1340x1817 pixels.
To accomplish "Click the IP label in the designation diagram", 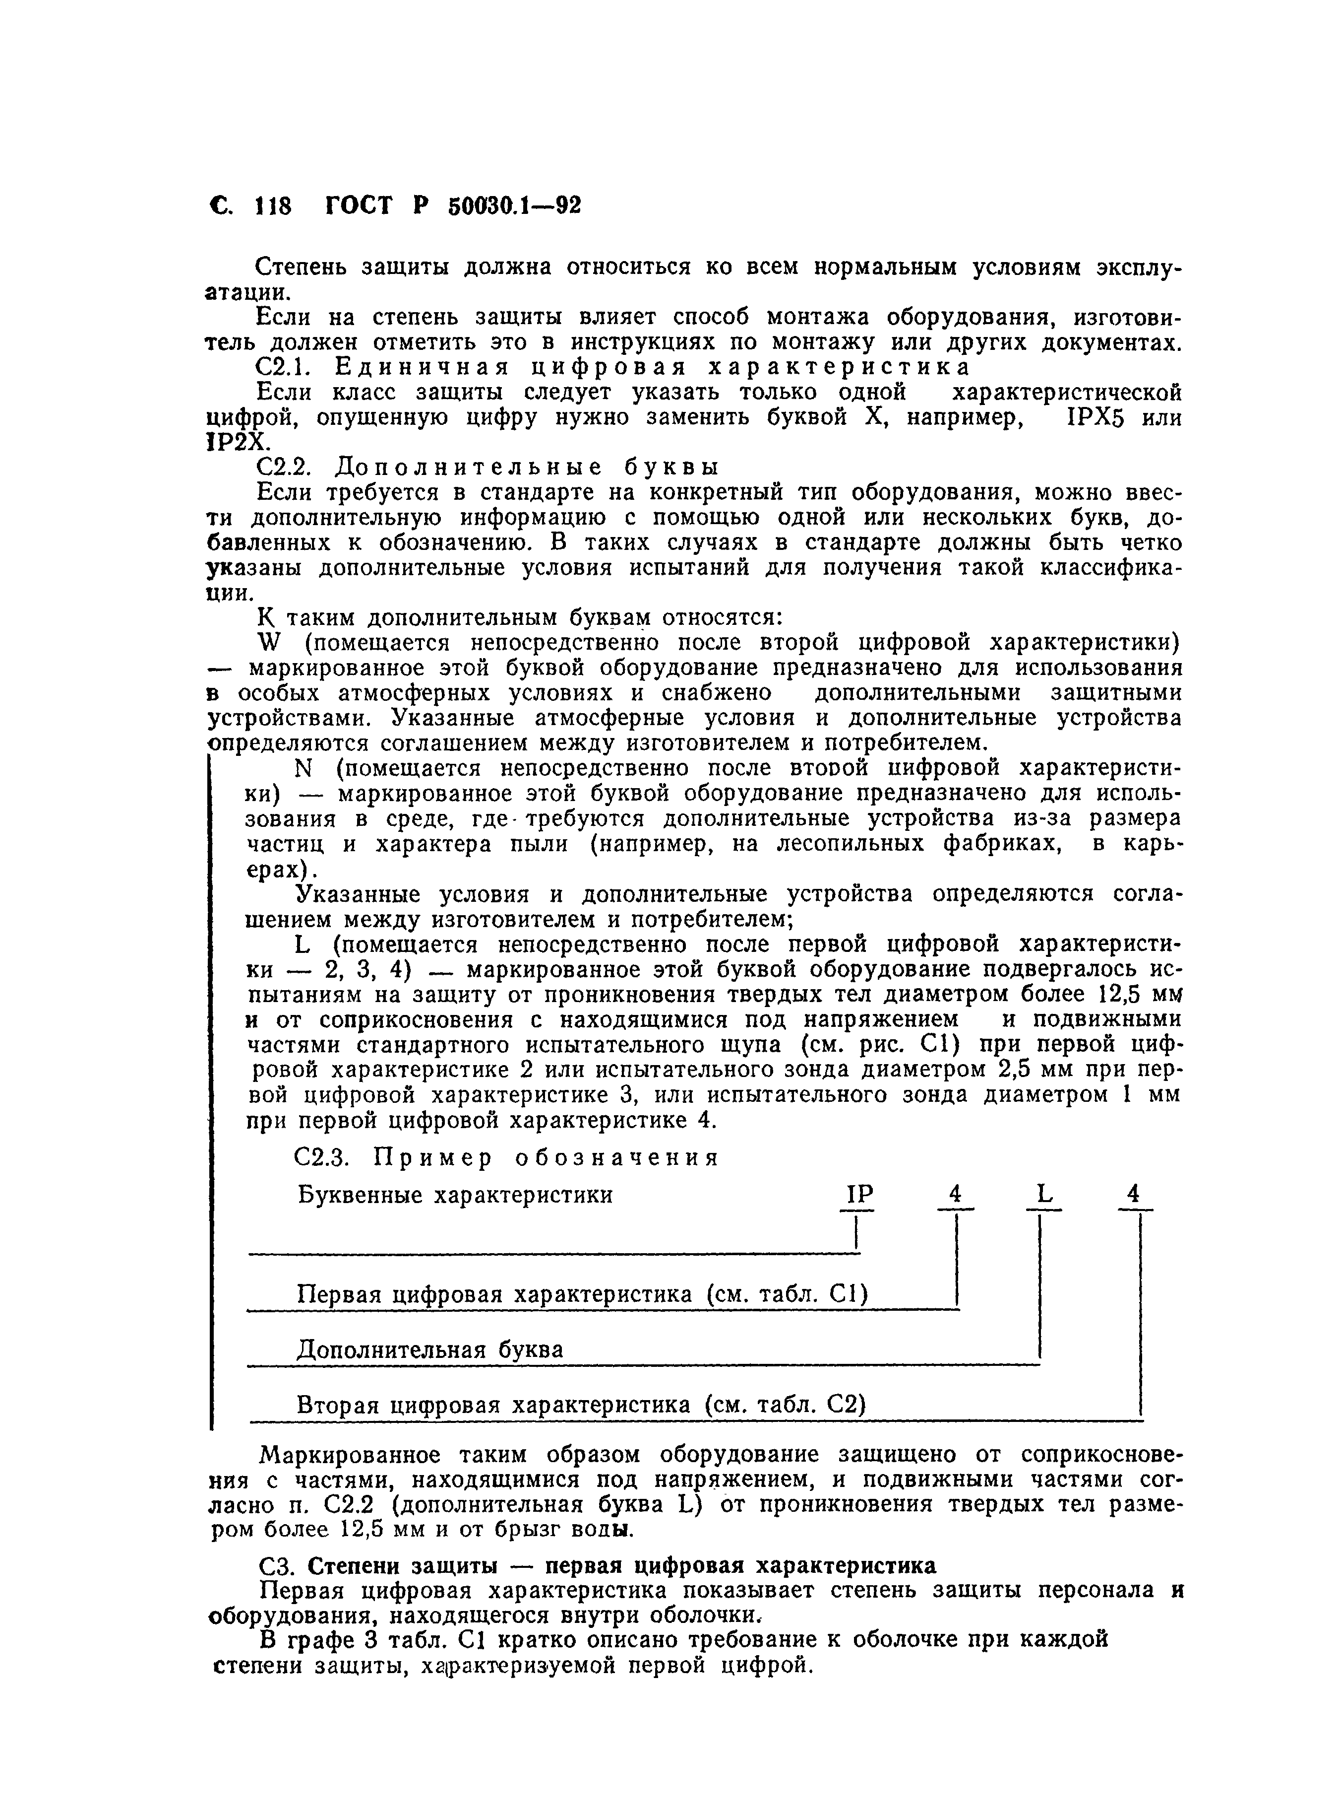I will [859, 1194].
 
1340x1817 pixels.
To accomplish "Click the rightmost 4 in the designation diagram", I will [1134, 1194].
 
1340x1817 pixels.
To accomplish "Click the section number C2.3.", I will [321, 1157].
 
